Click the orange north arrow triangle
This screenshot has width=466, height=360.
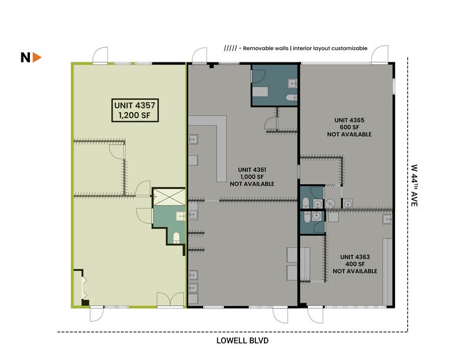click(x=37, y=58)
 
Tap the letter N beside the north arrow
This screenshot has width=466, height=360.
click(x=26, y=58)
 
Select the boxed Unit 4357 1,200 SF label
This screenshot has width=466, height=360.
click(x=135, y=110)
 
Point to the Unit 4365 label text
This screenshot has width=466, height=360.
click(x=349, y=127)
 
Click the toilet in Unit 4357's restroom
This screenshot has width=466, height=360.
click(x=176, y=238)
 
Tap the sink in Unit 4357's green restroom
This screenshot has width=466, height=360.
click(x=180, y=216)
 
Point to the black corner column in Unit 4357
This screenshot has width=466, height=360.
click(x=85, y=302)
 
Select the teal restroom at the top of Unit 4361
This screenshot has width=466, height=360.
click(x=274, y=86)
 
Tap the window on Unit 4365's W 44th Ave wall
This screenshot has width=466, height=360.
click(x=394, y=86)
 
